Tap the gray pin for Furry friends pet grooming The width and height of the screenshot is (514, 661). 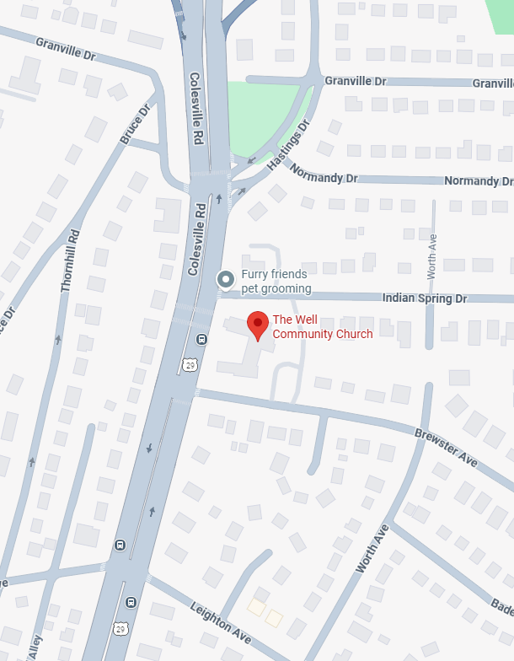coord(226,279)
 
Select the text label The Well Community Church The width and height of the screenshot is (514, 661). coord(322,327)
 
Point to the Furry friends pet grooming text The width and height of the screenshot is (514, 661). coord(276,282)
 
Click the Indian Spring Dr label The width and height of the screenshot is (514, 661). coord(424,298)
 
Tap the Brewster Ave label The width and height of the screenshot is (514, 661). coord(446,445)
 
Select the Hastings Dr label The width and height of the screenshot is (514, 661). coord(289,145)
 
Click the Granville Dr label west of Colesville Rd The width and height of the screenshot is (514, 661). coord(67,47)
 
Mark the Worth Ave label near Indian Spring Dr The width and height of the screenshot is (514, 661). coord(431,256)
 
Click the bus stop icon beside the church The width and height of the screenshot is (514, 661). coord(201,340)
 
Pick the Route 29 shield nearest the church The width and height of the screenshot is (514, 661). coord(190,364)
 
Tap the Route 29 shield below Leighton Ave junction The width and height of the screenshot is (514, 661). coord(120,628)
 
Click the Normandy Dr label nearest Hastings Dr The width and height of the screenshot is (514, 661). coord(324,173)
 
